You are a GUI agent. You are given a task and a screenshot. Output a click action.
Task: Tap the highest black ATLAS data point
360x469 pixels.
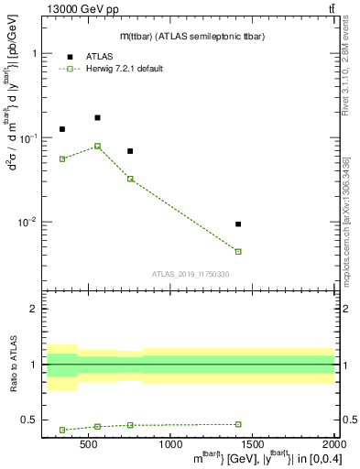(x=98, y=117)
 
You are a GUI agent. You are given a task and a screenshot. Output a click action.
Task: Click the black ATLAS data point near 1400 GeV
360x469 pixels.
(x=238, y=224)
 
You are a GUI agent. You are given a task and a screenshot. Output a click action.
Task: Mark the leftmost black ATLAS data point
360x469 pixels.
(x=62, y=129)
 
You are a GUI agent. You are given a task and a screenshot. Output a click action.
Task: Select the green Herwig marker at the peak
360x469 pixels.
(x=98, y=146)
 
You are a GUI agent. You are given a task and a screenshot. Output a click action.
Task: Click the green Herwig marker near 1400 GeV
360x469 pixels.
(x=238, y=251)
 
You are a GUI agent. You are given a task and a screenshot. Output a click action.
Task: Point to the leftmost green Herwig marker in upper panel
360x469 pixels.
(x=62, y=158)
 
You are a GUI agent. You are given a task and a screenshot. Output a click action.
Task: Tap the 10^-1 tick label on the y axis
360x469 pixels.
(x=30, y=138)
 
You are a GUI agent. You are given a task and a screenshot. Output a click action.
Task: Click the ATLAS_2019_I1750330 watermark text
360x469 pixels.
(x=190, y=274)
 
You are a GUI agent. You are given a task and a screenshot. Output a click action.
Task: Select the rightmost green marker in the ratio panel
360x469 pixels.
(x=238, y=424)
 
